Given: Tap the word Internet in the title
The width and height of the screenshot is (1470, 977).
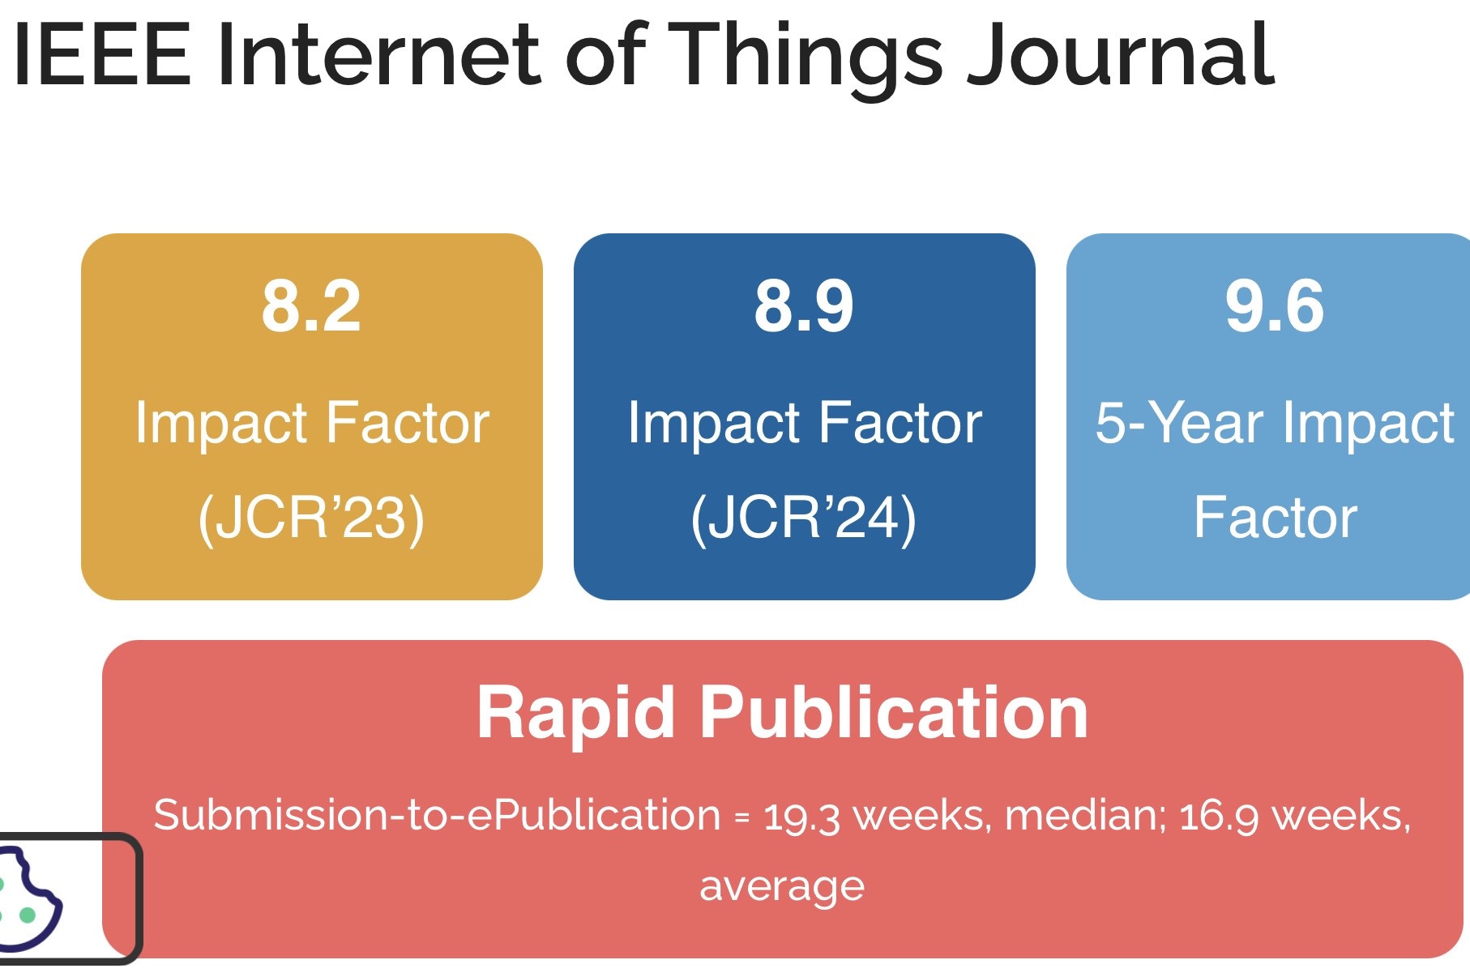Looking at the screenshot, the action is (378, 55).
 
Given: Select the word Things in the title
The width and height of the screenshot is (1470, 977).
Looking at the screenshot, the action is (806, 59).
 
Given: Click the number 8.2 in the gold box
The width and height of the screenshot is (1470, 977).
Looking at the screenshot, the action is (311, 306).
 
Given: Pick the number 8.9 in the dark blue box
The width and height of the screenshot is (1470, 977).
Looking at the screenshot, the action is (804, 306).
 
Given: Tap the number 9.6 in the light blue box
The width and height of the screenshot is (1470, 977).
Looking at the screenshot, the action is (1275, 306).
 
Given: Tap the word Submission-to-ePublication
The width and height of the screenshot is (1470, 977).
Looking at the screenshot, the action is (437, 815).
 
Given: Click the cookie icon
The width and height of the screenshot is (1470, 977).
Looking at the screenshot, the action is (28, 898).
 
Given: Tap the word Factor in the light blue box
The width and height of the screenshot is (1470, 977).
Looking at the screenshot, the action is (1275, 518).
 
